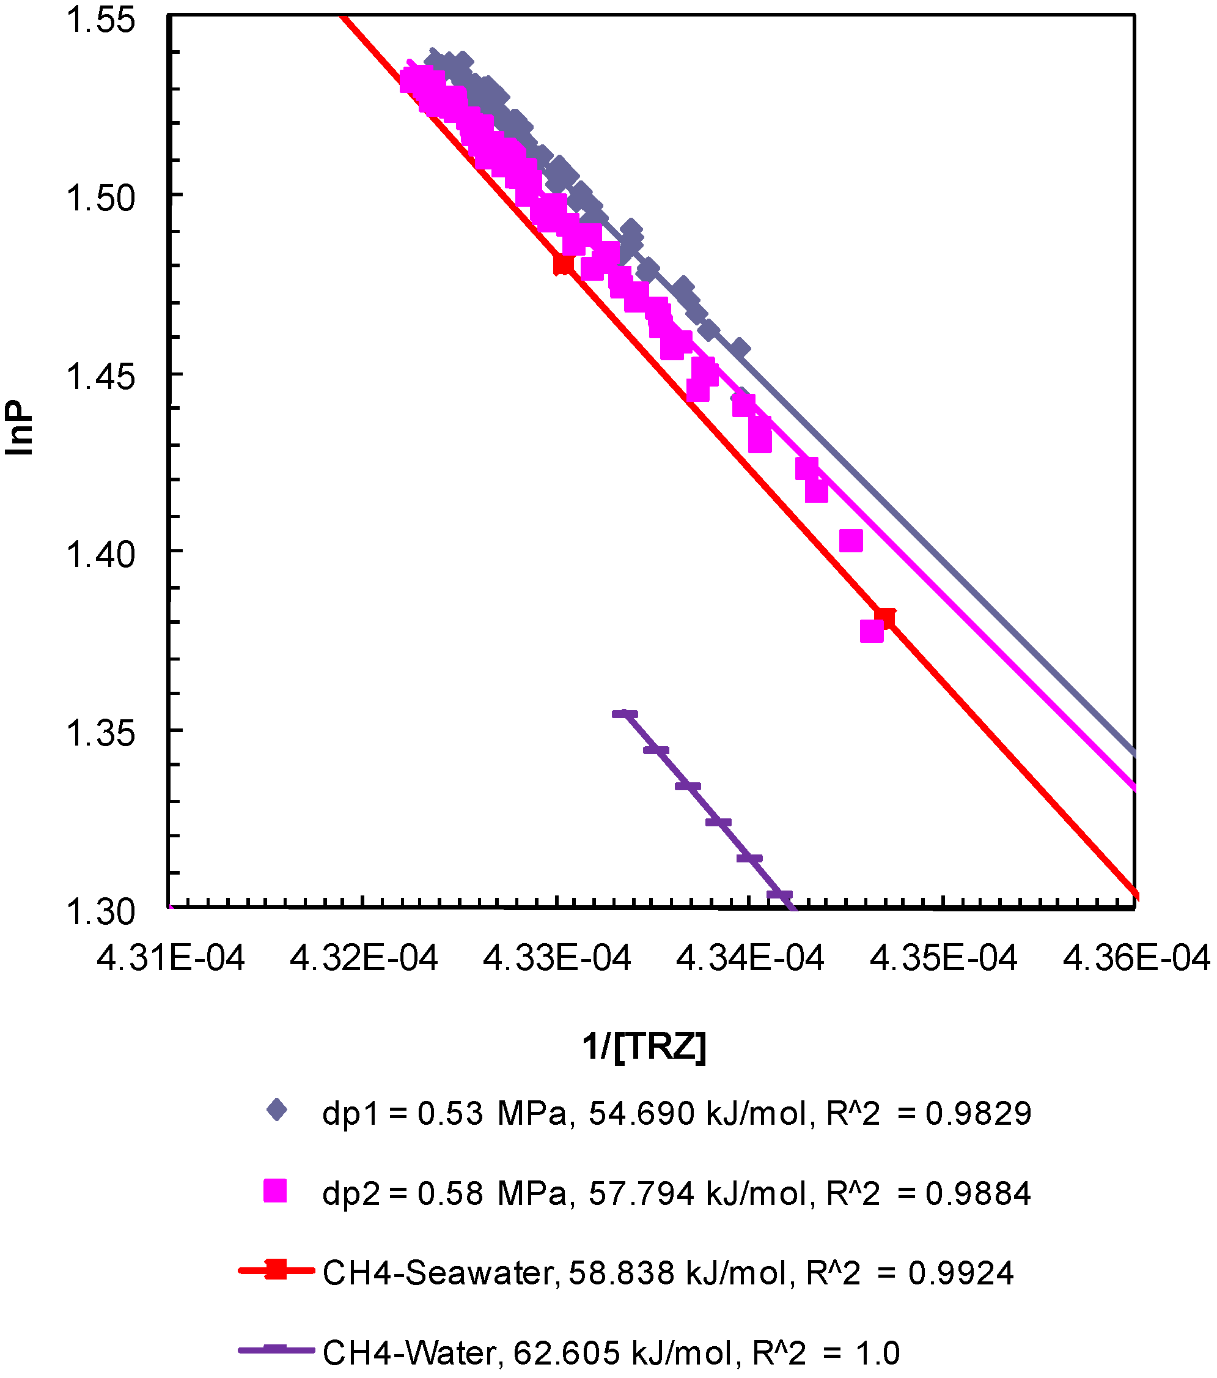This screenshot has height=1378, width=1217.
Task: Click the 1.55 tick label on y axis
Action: (100, 20)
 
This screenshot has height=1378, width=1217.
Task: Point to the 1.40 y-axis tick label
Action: (100, 555)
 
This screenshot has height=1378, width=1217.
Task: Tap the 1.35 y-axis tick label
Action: (100, 733)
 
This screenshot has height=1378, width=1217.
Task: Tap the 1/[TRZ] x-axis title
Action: (644, 1046)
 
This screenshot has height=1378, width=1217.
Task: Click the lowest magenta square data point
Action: (871, 631)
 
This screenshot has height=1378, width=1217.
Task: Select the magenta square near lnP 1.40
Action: (851, 540)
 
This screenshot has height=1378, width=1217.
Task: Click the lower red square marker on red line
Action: (884, 618)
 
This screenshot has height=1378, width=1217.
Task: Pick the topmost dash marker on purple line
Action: (625, 714)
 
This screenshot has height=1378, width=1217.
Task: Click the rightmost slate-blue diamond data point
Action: (740, 349)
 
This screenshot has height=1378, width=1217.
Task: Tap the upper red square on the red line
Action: (564, 264)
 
